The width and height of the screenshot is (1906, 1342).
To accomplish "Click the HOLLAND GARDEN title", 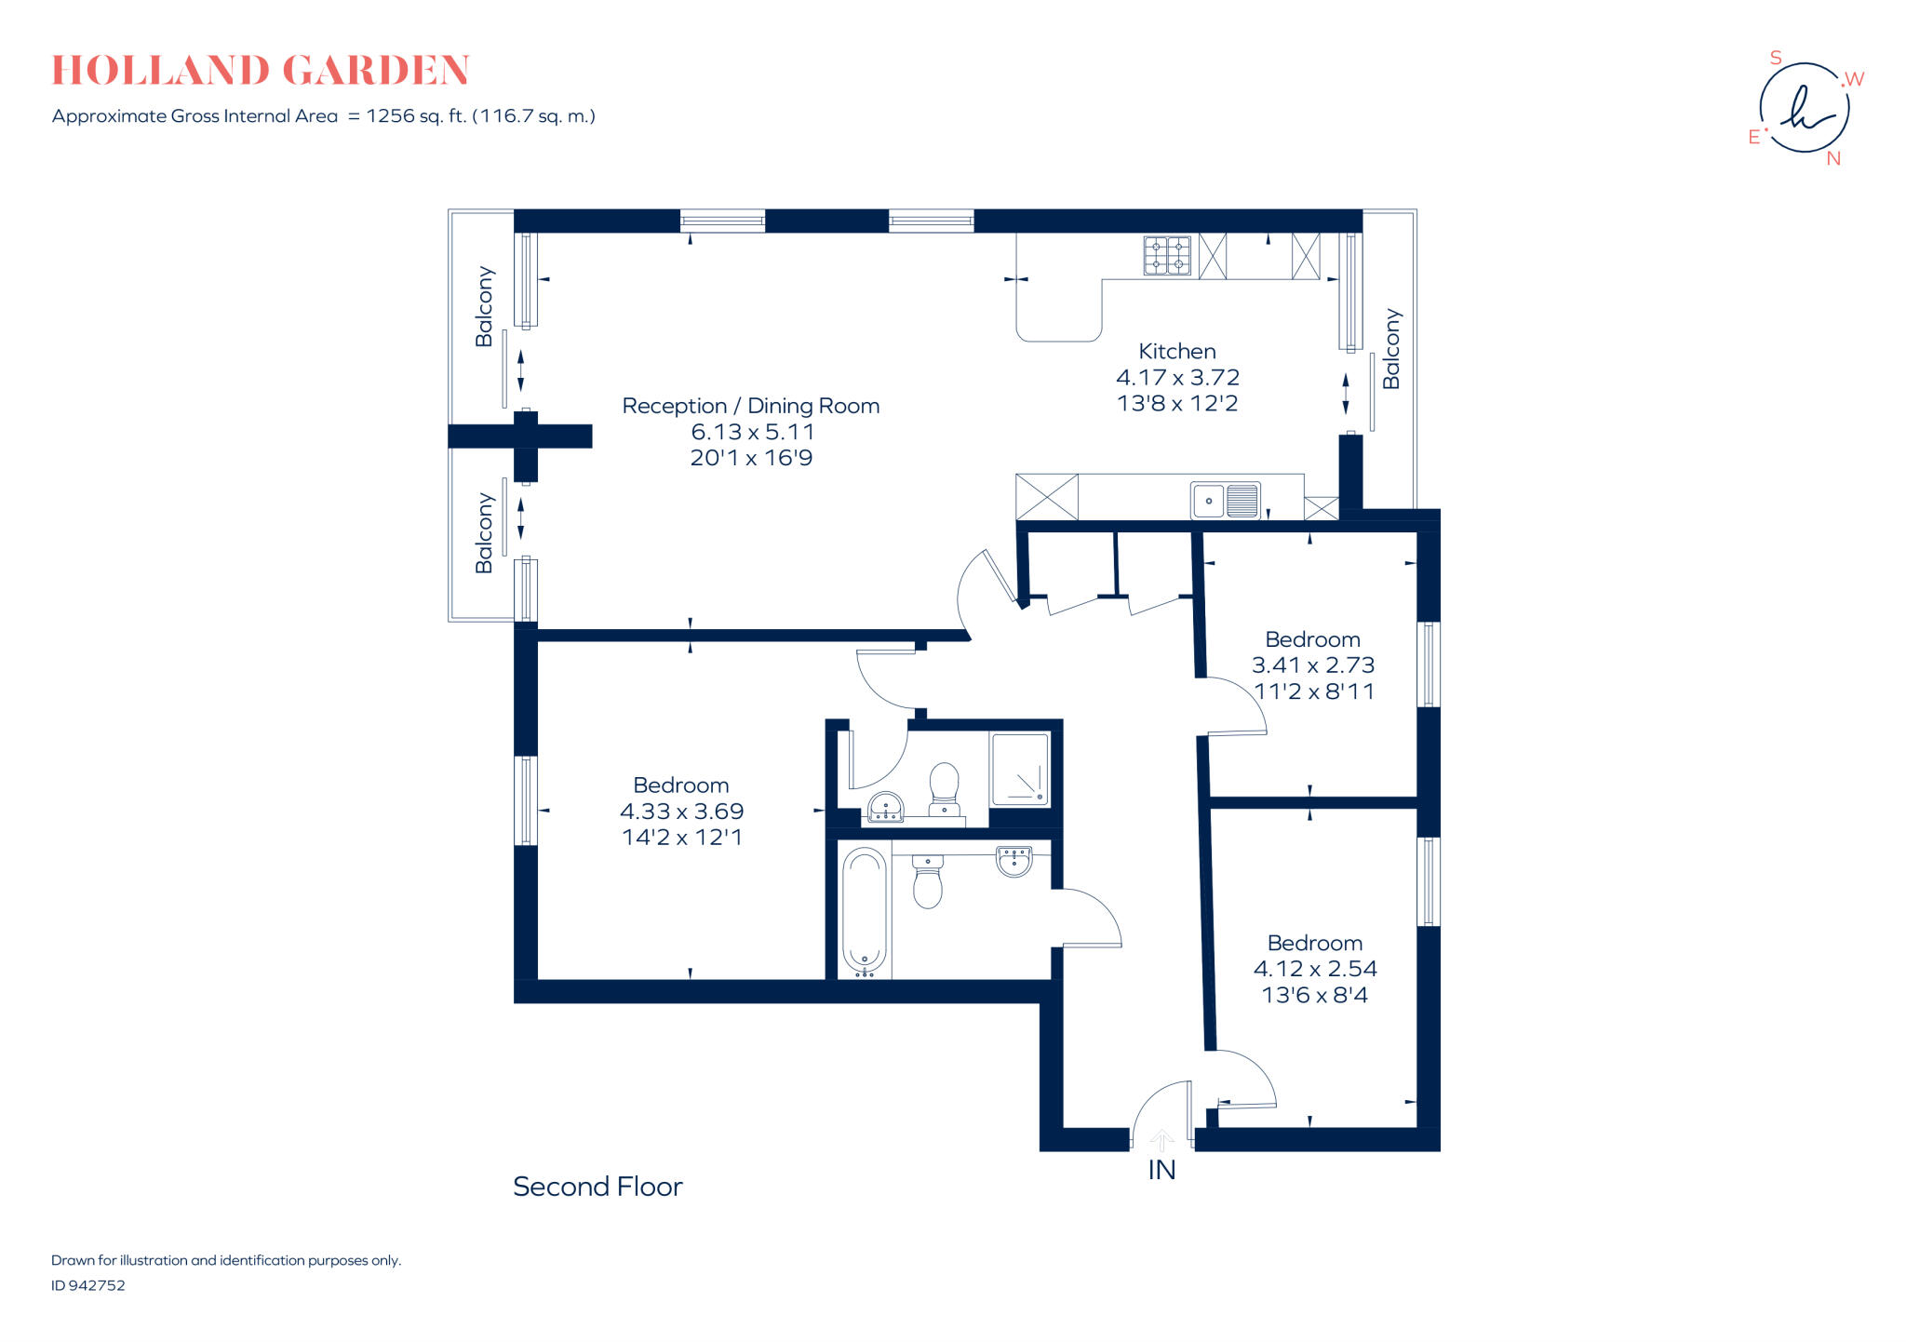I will click(x=261, y=71).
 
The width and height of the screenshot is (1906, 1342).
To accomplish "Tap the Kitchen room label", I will click(x=1177, y=352).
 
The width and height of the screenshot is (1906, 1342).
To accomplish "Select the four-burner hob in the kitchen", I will click(x=1167, y=256).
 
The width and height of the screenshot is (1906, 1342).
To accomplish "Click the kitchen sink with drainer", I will click(x=1226, y=501).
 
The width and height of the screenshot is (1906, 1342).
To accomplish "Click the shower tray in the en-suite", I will click(x=1020, y=769).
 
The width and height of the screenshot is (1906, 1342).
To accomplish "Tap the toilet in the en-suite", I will click(x=944, y=787).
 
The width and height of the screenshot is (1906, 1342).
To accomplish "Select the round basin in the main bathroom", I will click(x=1013, y=861).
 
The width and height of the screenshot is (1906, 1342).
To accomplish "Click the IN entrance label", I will click(x=1161, y=1170).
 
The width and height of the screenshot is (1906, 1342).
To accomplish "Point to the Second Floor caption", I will click(x=597, y=1187).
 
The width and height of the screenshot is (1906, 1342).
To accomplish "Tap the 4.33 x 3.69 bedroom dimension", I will click(x=681, y=812).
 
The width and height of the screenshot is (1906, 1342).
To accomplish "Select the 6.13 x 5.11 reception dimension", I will click(x=752, y=432).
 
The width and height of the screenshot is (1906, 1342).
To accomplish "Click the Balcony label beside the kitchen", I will click(x=1391, y=349).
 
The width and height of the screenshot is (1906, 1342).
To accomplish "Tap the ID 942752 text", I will click(x=88, y=1285).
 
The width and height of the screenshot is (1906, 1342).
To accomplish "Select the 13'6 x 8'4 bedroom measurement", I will click(x=1314, y=995).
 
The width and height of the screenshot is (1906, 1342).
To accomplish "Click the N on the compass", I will click(x=1832, y=159).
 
